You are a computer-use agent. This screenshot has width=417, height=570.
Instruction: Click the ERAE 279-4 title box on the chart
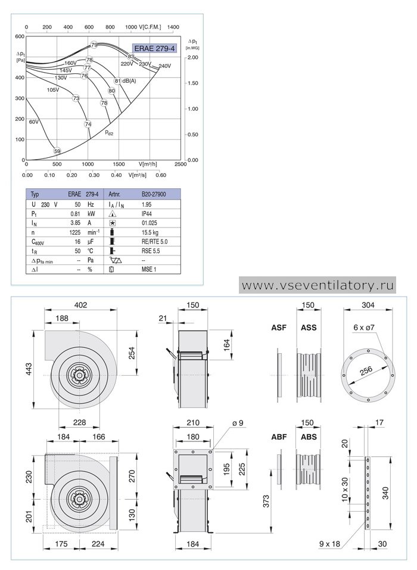(155, 48)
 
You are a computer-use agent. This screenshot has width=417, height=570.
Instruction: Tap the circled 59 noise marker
(57, 151)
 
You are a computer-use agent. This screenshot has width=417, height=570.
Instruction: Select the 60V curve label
(34, 122)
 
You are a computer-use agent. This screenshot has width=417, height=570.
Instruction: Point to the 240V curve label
(164, 66)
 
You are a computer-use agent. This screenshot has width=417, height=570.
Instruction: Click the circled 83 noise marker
(131, 57)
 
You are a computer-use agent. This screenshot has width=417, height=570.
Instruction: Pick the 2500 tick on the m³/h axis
(181, 164)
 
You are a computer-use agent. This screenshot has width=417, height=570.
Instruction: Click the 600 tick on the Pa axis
(20, 36)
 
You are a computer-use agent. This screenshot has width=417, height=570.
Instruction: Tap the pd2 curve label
(109, 133)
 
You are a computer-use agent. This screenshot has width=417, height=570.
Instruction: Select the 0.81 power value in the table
(75, 214)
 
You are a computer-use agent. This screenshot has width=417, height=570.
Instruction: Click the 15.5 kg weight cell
(150, 232)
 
